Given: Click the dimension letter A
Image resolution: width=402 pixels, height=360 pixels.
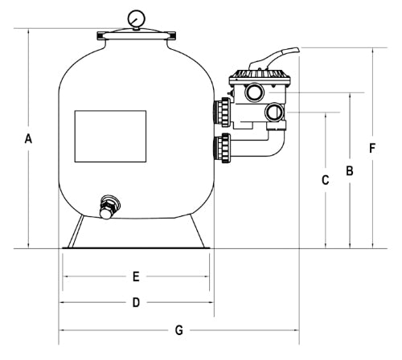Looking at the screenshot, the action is [x=28, y=139].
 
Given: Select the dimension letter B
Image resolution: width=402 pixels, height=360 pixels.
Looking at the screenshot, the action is [x=350, y=170].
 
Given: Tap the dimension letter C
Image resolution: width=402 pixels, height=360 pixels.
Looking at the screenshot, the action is [x=325, y=180].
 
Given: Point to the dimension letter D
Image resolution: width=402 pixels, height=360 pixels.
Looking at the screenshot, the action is [x=136, y=302].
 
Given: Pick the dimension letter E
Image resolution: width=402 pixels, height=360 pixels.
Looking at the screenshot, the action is [x=136, y=276].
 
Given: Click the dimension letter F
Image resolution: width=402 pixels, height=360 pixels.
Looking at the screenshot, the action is [x=372, y=148].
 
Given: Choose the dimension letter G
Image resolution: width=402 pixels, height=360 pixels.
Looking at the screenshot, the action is [x=179, y=330].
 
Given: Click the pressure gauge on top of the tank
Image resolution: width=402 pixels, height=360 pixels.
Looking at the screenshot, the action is [x=137, y=19].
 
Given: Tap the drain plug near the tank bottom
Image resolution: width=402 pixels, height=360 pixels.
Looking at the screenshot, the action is [x=109, y=207].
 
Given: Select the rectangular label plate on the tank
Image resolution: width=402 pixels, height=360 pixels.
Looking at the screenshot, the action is [x=110, y=136].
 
